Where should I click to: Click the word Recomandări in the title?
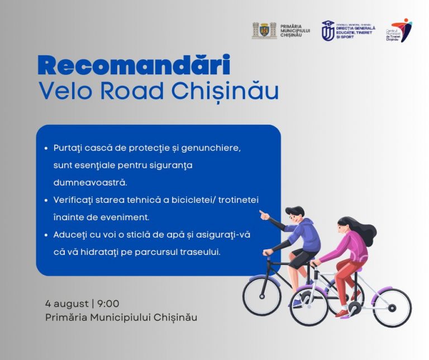pos(134,66)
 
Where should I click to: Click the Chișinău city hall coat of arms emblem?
pos(264,30)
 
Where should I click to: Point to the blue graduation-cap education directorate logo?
pos(328,30)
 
